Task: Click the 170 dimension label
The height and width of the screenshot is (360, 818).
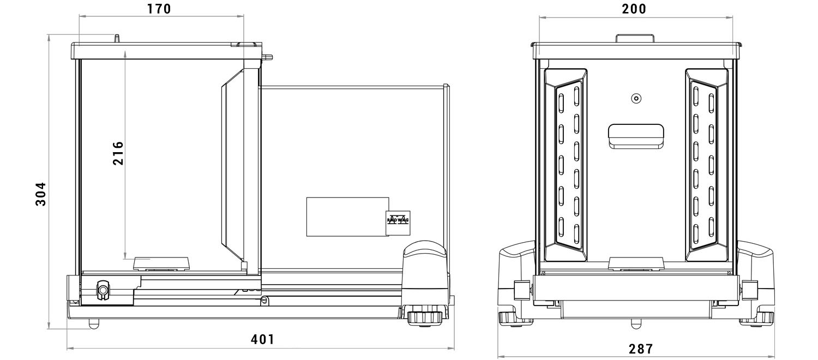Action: coord(159,9)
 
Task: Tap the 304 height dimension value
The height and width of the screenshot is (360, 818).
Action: coord(41,194)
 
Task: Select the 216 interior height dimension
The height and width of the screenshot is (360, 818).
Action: coord(118,153)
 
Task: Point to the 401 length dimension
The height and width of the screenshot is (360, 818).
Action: coord(262,340)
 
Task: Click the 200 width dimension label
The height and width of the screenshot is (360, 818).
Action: coord(634,9)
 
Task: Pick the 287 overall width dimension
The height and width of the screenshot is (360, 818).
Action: coord(641,349)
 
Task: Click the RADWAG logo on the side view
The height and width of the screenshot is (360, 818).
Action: coord(398,223)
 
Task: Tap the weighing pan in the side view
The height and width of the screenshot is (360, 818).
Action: coord(162,263)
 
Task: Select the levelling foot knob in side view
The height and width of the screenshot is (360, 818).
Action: coord(424,317)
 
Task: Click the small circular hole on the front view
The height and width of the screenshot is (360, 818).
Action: coord(636,98)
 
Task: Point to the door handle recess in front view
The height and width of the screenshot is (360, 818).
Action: coord(636,136)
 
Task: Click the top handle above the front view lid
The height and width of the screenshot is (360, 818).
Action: coord(635,38)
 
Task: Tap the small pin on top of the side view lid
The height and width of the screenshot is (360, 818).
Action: coord(117,38)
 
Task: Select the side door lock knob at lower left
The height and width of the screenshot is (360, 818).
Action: coord(103,291)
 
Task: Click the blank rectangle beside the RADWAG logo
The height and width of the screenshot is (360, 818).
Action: coord(347,217)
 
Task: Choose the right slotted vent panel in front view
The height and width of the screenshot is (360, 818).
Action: coord(707,165)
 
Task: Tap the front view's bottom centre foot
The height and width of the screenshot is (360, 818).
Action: coord(636,323)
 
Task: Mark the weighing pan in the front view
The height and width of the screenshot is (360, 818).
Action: coord(636,263)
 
